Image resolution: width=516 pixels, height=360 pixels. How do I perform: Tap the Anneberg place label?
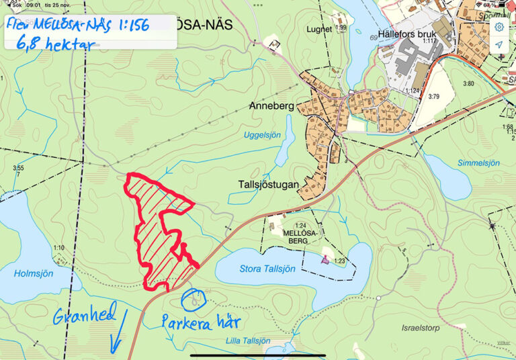(271, 106)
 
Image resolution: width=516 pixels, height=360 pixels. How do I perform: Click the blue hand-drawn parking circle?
(193, 300)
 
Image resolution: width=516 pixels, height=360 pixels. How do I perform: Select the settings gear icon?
(499, 27)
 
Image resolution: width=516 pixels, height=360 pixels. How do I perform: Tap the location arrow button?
(499, 44)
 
